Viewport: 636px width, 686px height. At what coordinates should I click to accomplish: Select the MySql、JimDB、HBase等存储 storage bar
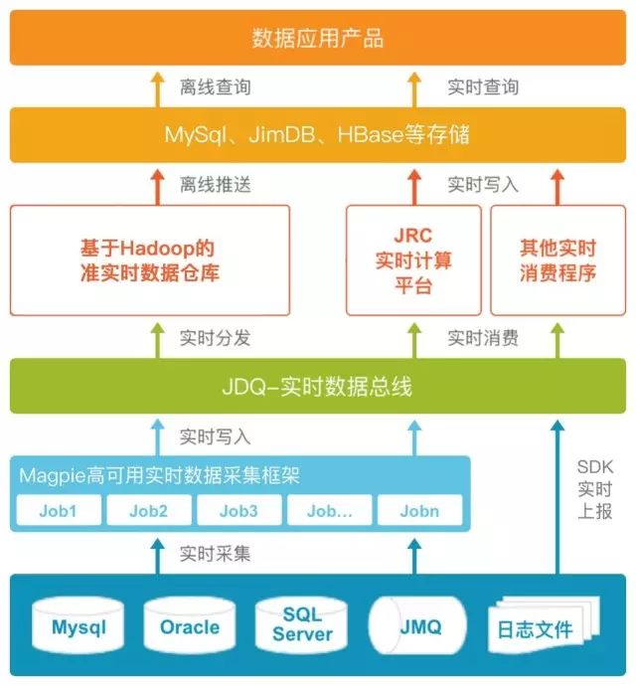pyautogui.click(x=318, y=135)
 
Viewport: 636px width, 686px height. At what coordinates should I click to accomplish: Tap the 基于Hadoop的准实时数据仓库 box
pyautogui.click(x=150, y=259)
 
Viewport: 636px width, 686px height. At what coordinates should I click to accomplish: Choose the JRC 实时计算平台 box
pyautogui.click(x=413, y=259)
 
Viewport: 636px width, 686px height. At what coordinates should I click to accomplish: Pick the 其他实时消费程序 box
pyautogui.click(x=557, y=259)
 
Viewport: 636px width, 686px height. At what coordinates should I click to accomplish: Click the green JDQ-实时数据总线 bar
pyautogui.click(x=318, y=387)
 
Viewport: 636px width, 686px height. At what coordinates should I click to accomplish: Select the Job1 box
pyautogui.click(x=58, y=511)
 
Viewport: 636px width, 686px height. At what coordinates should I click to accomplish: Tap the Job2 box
pyautogui.click(x=147, y=511)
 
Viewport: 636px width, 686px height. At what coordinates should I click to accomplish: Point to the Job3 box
pyautogui.click(x=238, y=511)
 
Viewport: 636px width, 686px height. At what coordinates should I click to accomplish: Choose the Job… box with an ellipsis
pyautogui.click(x=329, y=511)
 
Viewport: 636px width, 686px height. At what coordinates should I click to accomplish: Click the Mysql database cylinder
pyautogui.click(x=79, y=627)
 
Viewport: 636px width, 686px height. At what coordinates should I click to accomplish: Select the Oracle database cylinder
pyautogui.click(x=190, y=627)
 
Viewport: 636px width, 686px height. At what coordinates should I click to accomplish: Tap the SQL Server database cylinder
pyautogui.click(x=303, y=625)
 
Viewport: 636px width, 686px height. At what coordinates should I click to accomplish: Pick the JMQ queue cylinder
pyautogui.click(x=418, y=627)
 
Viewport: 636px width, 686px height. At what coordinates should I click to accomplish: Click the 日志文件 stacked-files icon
pyautogui.click(x=537, y=628)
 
